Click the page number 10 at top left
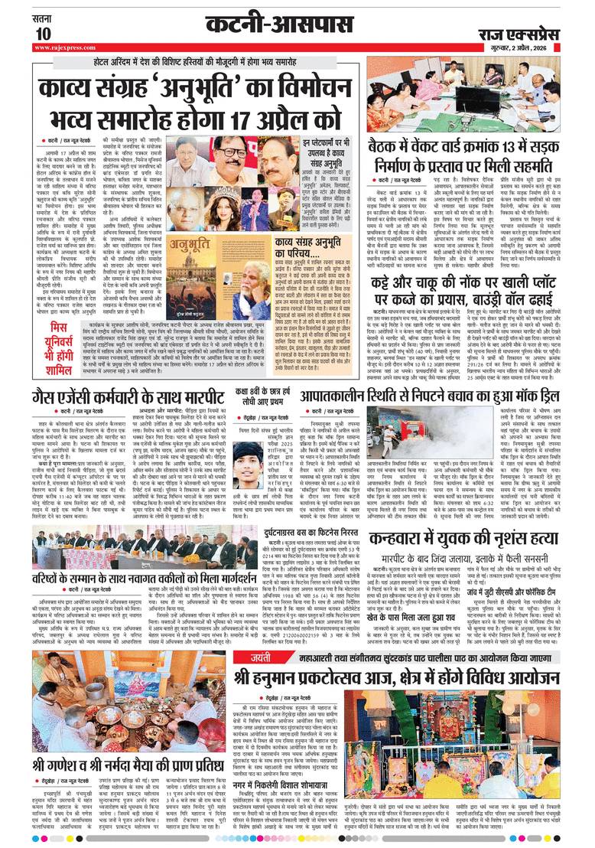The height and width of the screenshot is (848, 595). [43, 33]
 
